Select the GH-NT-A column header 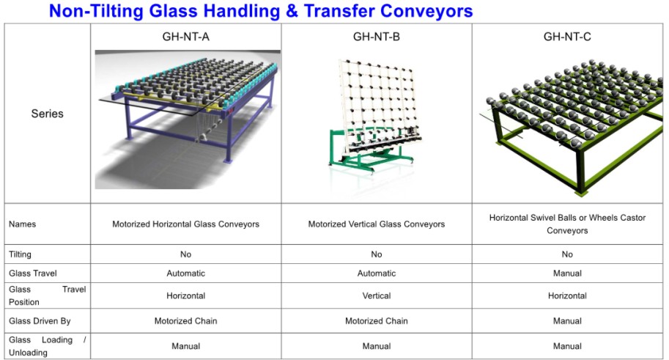185,37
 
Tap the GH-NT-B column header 377,37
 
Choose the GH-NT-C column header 567,37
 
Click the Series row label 47,114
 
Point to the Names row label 22,224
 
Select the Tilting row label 20,254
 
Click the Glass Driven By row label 40,321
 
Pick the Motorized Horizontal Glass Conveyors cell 185,224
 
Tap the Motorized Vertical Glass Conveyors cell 377,224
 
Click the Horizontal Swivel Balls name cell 567,224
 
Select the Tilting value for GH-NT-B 377,254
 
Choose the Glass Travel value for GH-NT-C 567,273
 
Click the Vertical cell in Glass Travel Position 377,295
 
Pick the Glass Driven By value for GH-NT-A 185,321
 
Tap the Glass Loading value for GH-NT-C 567,346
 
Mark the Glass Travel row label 32,273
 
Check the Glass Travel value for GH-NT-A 185,273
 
